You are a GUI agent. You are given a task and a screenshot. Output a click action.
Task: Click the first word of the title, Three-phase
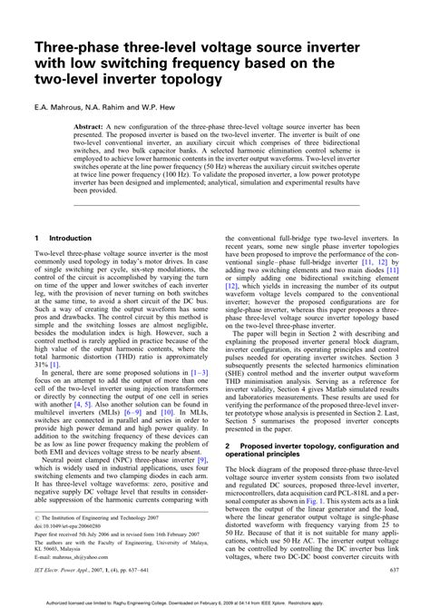73,47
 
